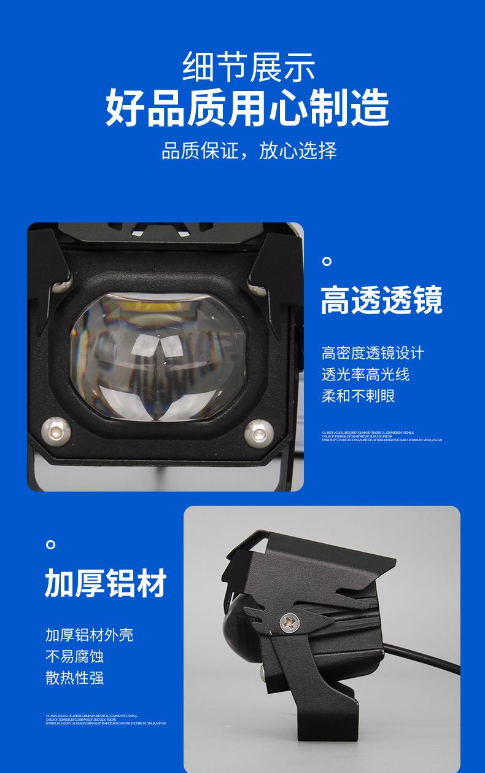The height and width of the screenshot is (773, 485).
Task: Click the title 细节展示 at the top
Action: point(248,67)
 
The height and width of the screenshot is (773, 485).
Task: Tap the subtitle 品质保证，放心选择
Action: point(249,151)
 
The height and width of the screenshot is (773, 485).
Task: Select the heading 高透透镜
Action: point(381,300)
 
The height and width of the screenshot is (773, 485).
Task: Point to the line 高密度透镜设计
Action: point(373,353)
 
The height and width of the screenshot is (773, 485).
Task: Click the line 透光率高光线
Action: point(365,374)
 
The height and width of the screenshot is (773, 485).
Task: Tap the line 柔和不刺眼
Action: point(358,396)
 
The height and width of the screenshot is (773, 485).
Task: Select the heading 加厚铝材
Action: point(106,583)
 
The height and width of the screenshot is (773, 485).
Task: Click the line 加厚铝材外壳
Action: point(89,635)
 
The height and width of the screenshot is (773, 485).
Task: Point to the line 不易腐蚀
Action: point(74,656)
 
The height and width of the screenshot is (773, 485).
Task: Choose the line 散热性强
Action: point(74,678)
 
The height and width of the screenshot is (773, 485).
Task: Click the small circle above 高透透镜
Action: point(327,262)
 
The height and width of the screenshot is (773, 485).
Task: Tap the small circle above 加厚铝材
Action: point(51,544)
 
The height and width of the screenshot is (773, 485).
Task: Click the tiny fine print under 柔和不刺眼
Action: point(381,436)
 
